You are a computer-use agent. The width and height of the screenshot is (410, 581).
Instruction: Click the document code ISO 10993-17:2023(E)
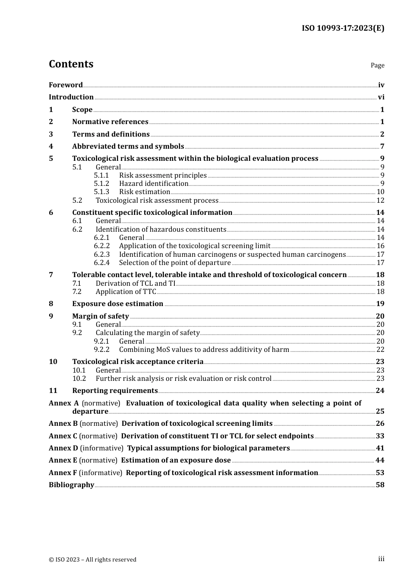[x=343, y=28]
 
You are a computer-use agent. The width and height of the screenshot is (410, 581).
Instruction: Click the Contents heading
[x=71, y=64]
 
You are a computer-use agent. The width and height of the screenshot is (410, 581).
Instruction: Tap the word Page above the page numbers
[x=377, y=65]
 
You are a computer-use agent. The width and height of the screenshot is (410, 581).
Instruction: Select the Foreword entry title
[x=66, y=85]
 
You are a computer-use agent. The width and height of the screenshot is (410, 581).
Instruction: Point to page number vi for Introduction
[x=381, y=97]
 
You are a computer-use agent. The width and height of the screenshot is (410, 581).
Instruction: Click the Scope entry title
[x=82, y=110]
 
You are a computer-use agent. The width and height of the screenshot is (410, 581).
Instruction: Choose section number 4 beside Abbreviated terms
[x=51, y=147]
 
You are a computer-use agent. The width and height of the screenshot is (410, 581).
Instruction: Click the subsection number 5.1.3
[x=101, y=192]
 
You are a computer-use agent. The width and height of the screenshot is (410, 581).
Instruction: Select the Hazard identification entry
[x=154, y=184]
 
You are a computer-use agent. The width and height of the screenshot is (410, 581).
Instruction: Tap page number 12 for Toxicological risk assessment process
[x=380, y=201]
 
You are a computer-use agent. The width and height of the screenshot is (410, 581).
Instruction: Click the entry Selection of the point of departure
[x=175, y=263]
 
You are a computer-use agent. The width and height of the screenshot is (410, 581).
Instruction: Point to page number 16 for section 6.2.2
[x=380, y=246]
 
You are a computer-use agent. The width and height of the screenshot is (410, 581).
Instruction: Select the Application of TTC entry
[x=126, y=292]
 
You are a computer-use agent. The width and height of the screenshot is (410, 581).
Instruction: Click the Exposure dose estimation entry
[x=117, y=304]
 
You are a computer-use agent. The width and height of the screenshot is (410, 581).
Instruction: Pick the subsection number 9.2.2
[x=101, y=350]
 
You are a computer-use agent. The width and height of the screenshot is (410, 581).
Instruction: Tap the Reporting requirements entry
[x=115, y=391]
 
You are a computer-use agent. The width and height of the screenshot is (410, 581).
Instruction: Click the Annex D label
[x=63, y=448]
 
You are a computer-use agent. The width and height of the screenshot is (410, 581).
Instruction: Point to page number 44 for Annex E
[x=380, y=460]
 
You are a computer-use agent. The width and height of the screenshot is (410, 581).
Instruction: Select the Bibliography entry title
[x=71, y=485]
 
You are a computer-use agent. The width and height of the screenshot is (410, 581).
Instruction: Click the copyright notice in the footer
[x=92, y=559]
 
